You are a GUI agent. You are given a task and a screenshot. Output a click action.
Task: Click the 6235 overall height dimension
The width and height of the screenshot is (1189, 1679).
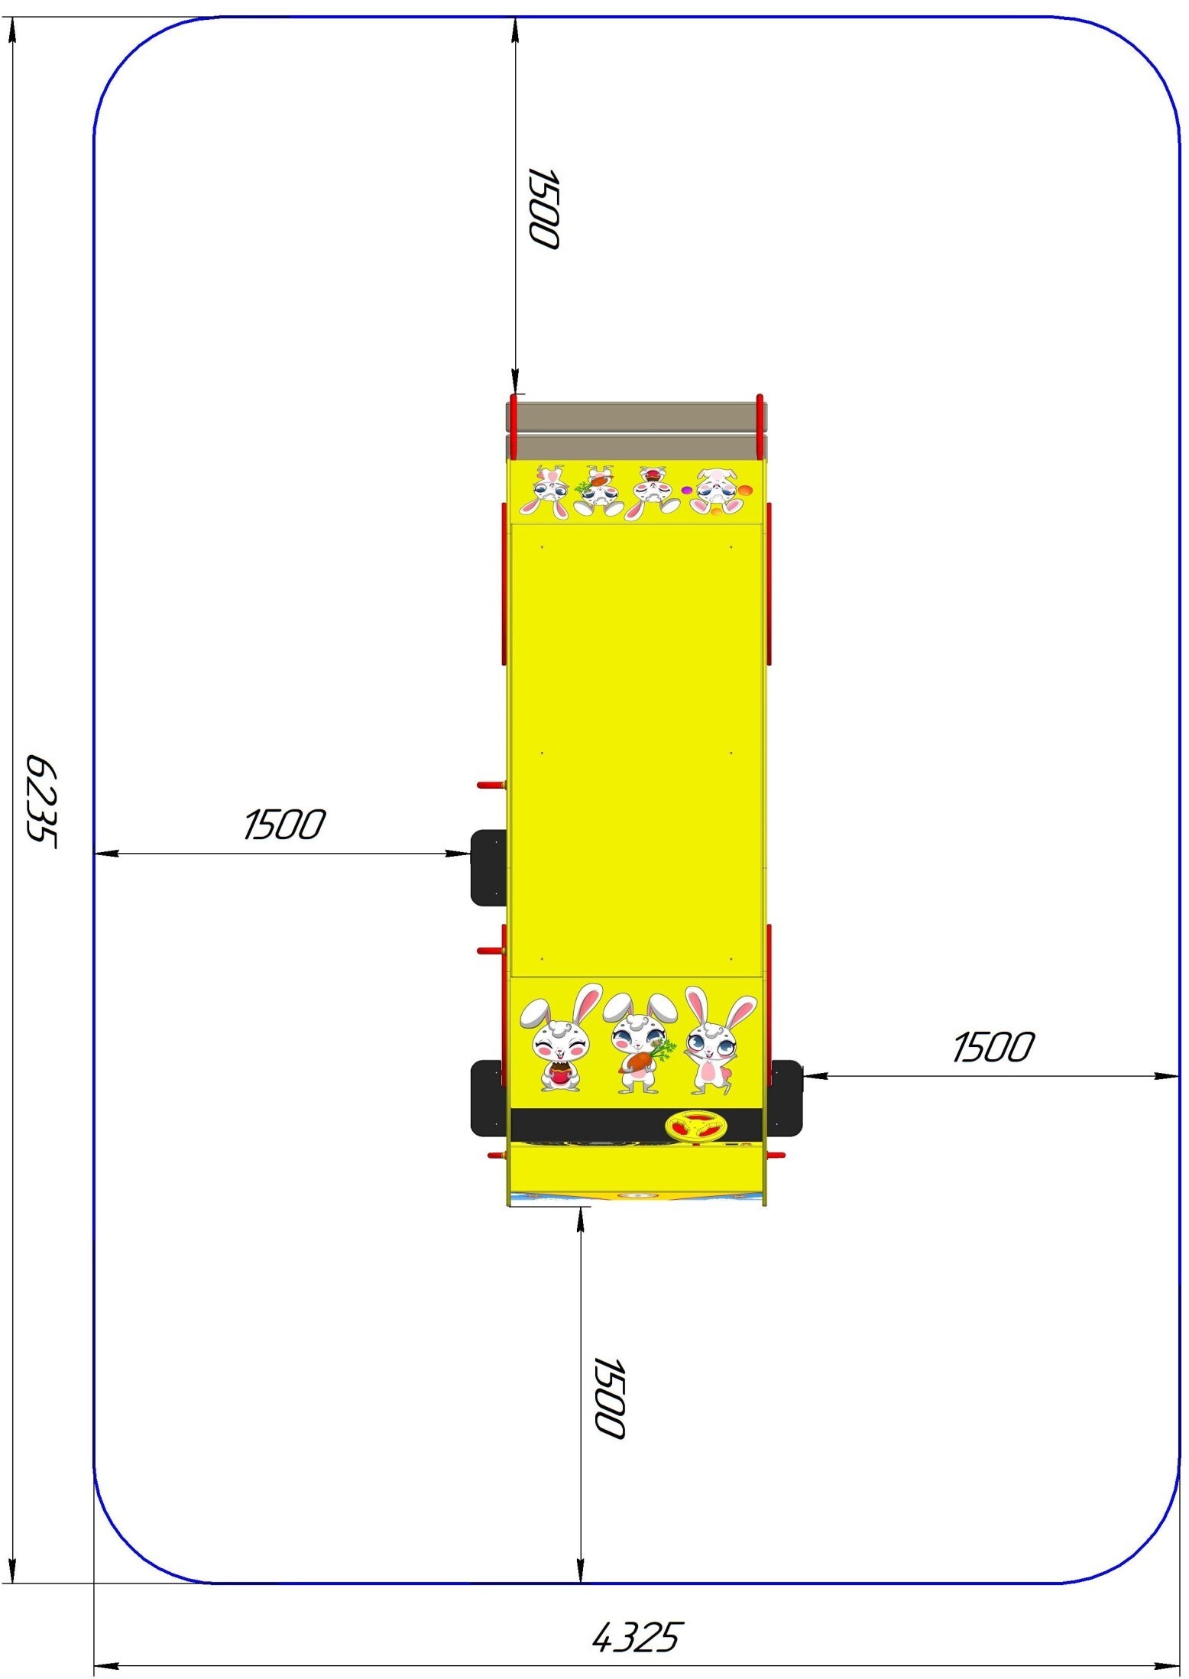[41, 799]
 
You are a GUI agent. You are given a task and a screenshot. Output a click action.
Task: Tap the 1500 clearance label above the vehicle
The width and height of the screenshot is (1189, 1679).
[543, 208]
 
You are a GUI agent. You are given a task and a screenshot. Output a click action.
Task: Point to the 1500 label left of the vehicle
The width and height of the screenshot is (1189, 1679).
[284, 825]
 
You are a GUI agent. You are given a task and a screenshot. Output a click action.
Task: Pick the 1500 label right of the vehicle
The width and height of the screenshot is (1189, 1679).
[993, 1047]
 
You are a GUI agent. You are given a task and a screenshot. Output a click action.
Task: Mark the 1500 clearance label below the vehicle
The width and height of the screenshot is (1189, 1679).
[610, 1398]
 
